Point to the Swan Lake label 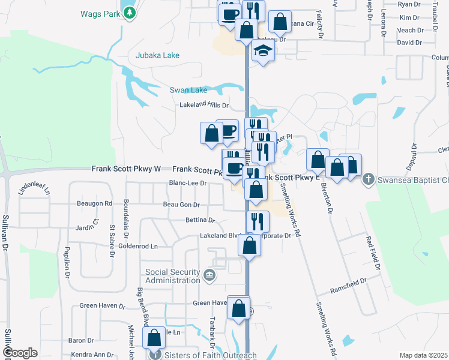188,90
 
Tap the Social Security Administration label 172,276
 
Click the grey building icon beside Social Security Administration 209,275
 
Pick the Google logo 19,353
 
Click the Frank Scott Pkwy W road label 126,169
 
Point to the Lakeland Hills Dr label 205,105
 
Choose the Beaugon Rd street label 95,204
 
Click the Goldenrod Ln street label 137,246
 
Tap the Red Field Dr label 375,252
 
